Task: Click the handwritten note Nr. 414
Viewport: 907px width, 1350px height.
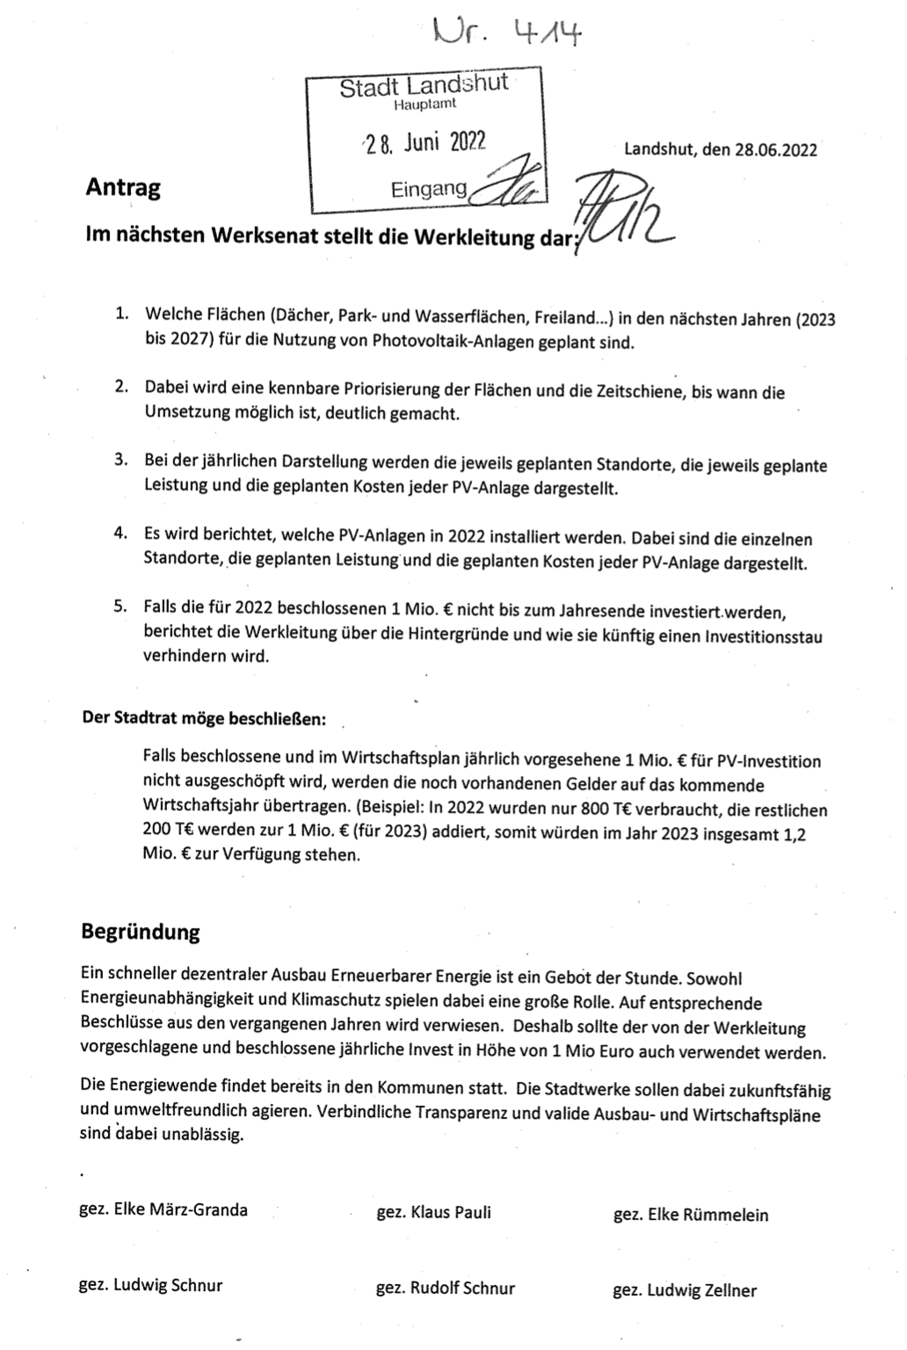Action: click(x=509, y=34)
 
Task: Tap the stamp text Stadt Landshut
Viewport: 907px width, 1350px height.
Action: click(x=424, y=87)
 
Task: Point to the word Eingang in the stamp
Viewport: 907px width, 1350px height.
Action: click(x=429, y=187)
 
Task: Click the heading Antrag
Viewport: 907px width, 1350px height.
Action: click(x=123, y=187)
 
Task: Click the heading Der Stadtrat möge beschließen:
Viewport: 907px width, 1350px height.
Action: click(x=204, y=718)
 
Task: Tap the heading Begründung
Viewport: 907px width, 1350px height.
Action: click(x=141, y=932)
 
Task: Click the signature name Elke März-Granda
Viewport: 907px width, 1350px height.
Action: click(x=181, y=1209)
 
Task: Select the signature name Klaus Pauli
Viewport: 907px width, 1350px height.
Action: click(x=451, y=1213)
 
